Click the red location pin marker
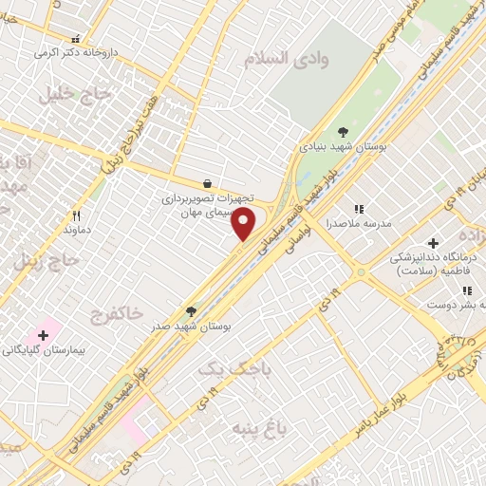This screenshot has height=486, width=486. pyautogui.click(x=244, y=225)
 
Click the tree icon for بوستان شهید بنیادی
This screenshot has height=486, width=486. pyautogui.click(x=343, y=132)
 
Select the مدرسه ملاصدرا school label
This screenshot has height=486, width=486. pyautogui.click(x=354, y=225)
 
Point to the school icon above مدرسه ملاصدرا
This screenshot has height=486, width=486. pyautogui.click(x=359, y=209)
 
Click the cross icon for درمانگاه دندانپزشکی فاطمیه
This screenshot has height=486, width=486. pyautogui.click(x=434, y=243)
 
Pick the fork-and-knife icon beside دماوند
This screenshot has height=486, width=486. pyautogui.click(x=77, y=215)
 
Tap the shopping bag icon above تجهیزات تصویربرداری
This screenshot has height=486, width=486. pyautogui.click(x=207, y=183)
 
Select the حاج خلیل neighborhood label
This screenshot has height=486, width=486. pyautogui.click(x=76, y=95)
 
